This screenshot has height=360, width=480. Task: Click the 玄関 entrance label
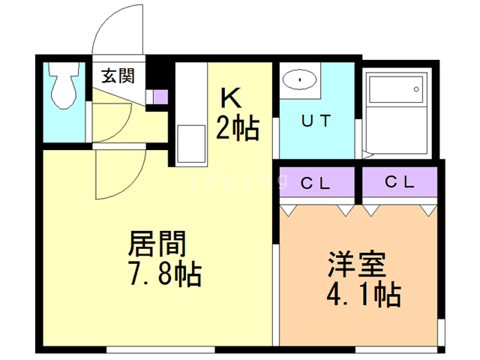coord(118,76)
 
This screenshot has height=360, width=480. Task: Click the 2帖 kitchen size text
coord(237,128)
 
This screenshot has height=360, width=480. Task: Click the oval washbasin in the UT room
coord(301,79)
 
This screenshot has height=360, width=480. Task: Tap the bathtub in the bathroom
coord(395,112)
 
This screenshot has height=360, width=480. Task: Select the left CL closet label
coord(316,181)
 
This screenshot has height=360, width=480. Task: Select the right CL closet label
coord(399,181)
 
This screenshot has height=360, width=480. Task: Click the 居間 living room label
coord(157,244)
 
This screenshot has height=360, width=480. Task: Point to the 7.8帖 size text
coord(165,274)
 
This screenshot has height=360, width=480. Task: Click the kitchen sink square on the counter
coord(190,142)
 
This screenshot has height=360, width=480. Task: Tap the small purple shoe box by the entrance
coord(160,96)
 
